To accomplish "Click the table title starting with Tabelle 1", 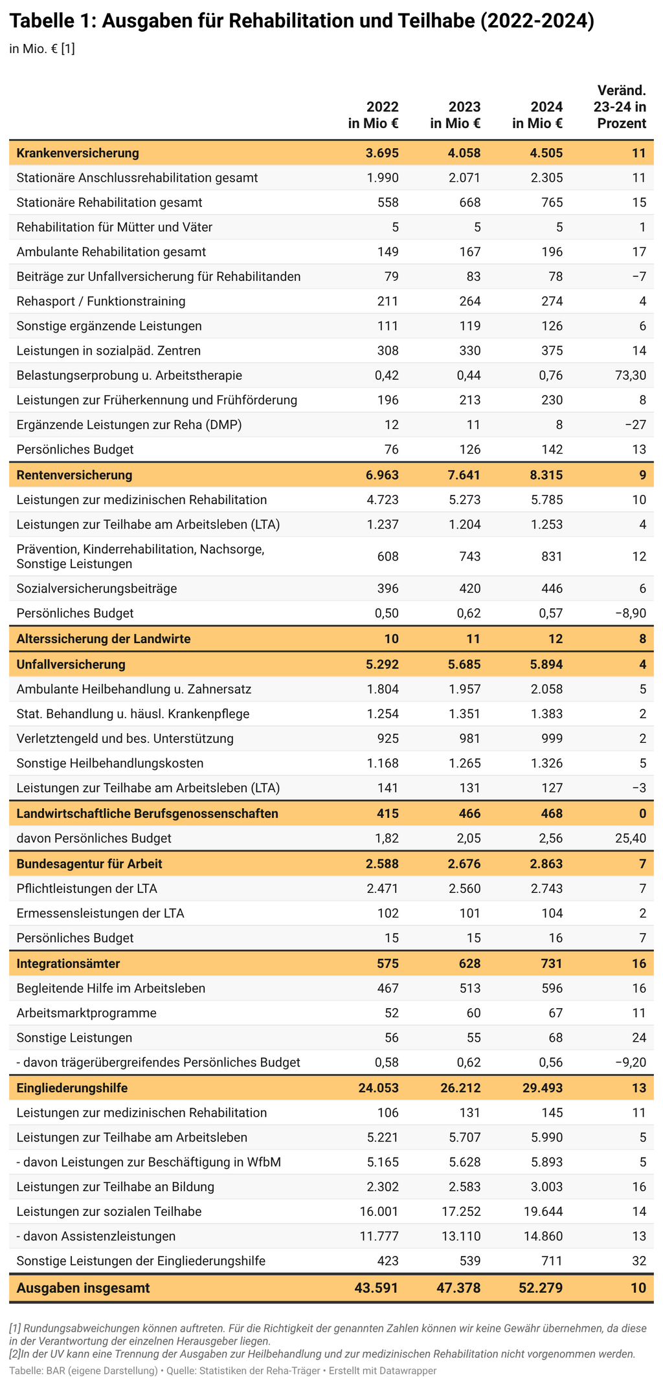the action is tap(302, 21).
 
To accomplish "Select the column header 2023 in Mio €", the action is tap(455, 115).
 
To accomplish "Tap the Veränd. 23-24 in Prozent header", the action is tap(620, 107).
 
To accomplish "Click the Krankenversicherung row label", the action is tap(78, 153).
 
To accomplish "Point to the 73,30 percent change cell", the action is tap(628, 375).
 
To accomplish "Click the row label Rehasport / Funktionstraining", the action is tap(101, 301).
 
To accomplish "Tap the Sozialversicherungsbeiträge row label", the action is tap(96, 588).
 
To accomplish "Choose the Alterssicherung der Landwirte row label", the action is tap(104, 639).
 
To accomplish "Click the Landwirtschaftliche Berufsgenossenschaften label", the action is tap(148, 813).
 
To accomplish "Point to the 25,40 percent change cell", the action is tap(628, 839).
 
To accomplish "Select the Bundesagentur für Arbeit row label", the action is tap(89, 864).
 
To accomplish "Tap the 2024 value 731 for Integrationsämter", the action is tap(551, 963).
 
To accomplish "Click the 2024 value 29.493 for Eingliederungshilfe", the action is tap(543, 1088).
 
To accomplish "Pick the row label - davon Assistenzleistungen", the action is tap(96, 1237).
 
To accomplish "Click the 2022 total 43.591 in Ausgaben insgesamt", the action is tap(377, 1288).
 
